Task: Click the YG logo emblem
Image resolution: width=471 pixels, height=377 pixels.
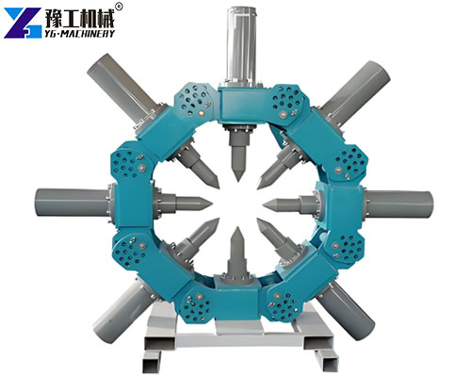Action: [22, 21]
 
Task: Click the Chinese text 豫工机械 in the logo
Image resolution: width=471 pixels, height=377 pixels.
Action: [79, 15]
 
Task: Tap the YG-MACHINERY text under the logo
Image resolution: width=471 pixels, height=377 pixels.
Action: [79, 33]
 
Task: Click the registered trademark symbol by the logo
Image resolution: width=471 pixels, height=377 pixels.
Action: [119, 7]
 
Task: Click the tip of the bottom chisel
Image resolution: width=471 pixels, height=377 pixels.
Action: [235, 229]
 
